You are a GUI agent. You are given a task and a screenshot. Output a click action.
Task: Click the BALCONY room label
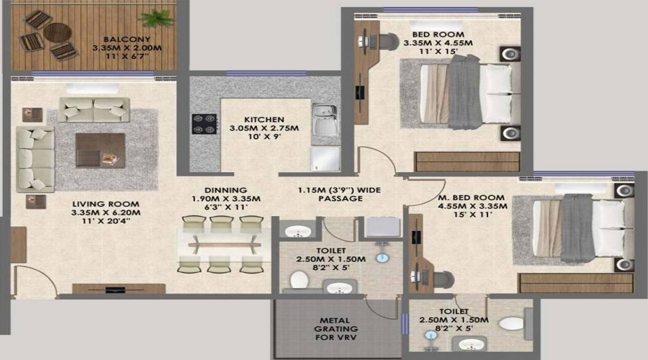pos(127,40)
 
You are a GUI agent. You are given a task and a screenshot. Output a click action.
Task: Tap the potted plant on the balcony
pos(157,19)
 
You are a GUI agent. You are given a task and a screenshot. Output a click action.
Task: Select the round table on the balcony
pos(58,32)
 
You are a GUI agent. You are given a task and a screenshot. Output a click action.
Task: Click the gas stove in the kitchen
pos(204,124)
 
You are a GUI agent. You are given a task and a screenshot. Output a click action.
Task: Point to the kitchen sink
pos(325,120)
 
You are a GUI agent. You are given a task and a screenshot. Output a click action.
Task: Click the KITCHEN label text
pos(264,120)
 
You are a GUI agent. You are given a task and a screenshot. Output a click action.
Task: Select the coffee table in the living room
pos(100,150)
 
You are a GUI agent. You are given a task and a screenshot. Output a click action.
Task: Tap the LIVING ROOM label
pos(106,204)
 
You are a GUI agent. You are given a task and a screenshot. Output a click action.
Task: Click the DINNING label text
pos(225,190)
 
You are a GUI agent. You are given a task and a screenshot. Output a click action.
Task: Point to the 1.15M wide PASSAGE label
pos(340,194)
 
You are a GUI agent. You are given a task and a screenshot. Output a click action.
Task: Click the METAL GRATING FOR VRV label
pos(336,329)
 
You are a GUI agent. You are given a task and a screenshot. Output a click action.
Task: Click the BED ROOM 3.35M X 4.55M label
pos(438,39)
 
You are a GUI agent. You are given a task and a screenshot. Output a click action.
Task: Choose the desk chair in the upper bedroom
pos(387,41)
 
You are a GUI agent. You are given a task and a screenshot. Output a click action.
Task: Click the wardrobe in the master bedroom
pos(576,283)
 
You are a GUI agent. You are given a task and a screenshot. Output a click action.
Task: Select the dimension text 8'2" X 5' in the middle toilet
pos(330,267)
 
